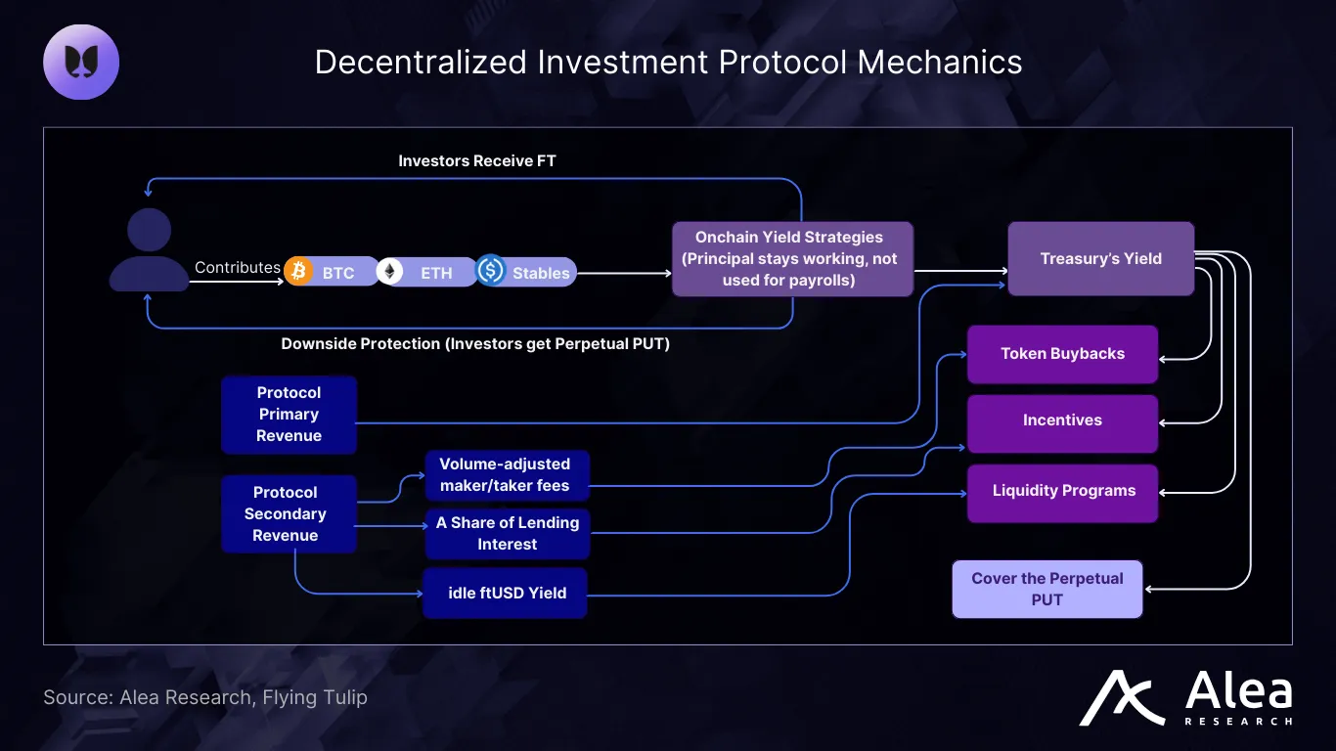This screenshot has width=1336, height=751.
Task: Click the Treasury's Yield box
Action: pos(1100,259)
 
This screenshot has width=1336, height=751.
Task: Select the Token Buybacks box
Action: pos(1062,354)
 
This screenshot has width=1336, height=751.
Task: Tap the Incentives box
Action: pos(1062,420)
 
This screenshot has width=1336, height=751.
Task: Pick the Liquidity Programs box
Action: pos(1063,491)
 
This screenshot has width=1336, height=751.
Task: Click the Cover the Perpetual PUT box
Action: pos(1047,589)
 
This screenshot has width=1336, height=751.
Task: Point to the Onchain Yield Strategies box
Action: pos(792,259)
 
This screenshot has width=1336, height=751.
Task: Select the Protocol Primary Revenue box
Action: pos(289,415)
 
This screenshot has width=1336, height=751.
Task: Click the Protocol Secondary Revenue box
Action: pos(286,514)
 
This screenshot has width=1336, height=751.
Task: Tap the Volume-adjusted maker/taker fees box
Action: pos(505,475)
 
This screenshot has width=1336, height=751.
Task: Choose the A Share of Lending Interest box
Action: pos(507,534)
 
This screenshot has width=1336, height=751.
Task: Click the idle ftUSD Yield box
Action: pos(505,593)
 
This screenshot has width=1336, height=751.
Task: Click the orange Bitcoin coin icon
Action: pos(298,270)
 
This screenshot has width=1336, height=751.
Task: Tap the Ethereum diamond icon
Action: pos(391,271)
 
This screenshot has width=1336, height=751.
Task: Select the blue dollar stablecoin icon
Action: pos(490,270)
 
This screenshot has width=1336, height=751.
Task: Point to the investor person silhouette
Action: pos(149,250)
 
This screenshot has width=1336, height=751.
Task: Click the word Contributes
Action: pos(238,267)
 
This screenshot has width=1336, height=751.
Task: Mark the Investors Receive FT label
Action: pos(477,160)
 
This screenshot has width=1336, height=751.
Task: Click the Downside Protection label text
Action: pos(475,344)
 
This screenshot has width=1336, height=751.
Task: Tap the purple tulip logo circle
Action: pos(81,62)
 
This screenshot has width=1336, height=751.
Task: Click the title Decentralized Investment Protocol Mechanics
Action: pos(668,62)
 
